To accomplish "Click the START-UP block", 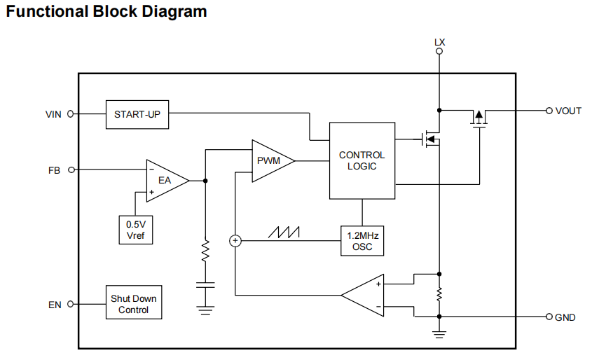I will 137,114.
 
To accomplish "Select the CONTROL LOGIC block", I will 361,160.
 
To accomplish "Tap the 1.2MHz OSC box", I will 362,242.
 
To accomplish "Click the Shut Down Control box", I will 133,304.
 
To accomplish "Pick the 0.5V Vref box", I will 136,230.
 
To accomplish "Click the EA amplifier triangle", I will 166,181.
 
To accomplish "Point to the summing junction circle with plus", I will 235,241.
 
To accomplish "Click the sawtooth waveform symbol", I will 287,230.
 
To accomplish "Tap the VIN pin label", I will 54,114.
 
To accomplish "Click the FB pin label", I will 55,169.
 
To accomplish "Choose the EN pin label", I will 55,305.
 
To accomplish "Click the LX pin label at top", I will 439,43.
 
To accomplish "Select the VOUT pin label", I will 568,111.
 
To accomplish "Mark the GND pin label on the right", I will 565,317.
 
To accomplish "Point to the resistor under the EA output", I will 205,251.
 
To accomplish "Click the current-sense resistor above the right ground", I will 439,295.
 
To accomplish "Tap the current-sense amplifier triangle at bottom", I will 364,295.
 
